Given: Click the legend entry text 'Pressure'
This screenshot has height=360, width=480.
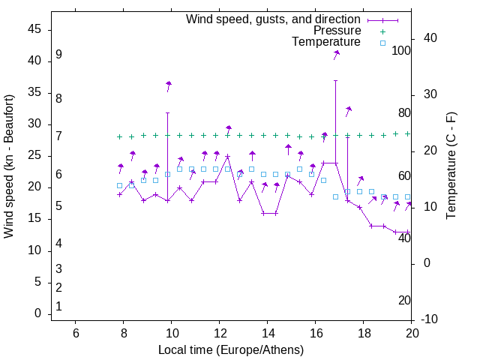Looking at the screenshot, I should tap(337, 31).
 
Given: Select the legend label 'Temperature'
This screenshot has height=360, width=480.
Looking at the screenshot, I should tap(326, 42).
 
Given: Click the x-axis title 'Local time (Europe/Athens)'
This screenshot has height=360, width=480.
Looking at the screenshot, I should tap(231, 350).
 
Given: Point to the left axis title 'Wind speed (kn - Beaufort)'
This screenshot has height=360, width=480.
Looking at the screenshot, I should tap(9, 166).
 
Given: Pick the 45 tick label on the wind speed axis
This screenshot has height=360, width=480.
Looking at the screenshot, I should tap(34, 29).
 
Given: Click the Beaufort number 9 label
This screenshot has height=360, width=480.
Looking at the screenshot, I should tap(58, 55).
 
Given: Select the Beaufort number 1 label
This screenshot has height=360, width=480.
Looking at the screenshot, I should tap(58, 307).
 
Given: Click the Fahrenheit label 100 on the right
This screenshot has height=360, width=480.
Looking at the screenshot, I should tap(401, 51).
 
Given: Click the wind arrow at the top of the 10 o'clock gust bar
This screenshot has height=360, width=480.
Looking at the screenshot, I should tap(169, 85).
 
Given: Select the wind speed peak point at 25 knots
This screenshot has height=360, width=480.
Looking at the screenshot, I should tap(227, 157).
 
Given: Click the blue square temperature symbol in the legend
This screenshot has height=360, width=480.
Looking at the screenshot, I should tap(382, 43).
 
